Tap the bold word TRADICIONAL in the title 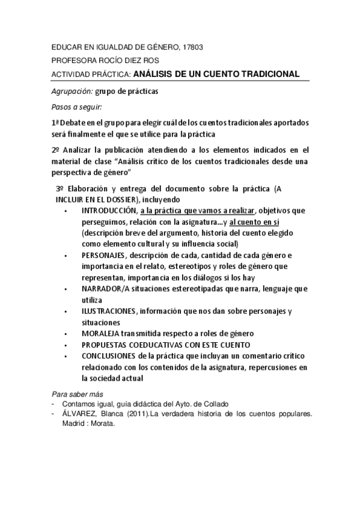pos(266,74)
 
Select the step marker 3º pos(59,189)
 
